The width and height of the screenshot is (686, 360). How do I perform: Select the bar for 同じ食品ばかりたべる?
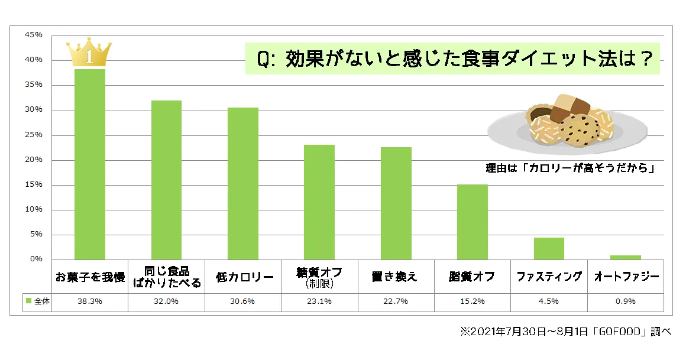pyautogui.click(x=166, y=180)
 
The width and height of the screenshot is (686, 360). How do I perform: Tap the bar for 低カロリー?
pyautogui.click(x=243, y=183)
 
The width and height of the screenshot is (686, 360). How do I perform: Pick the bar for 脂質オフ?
pyautogui.click(x=473, y=222)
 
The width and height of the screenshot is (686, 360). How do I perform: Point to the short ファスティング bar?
pyautogui.click(x=549, y=248)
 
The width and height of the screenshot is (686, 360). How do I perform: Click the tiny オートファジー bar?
pyautogui.click(x=626, y=257)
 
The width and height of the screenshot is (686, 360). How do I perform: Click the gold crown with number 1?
pyautogui.click(x=89, y=54)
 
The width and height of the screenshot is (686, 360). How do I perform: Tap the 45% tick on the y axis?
pyautogui.click(x=34, y=35)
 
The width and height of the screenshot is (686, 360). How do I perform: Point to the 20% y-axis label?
pyautogui.click(x=34, y=160)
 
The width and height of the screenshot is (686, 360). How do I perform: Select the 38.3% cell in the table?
pyautogui.click(x=90, y=301)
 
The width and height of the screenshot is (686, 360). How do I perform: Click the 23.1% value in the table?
pyautogui.click(x=319, y=301)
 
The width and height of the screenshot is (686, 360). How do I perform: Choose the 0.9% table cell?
pyautogui.click(x=626, y=301)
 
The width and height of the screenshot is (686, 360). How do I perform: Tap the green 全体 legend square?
pyautogui.click(x=28, y=301)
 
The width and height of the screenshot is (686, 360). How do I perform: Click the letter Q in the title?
pyautogui.click(x=264, y=60)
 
